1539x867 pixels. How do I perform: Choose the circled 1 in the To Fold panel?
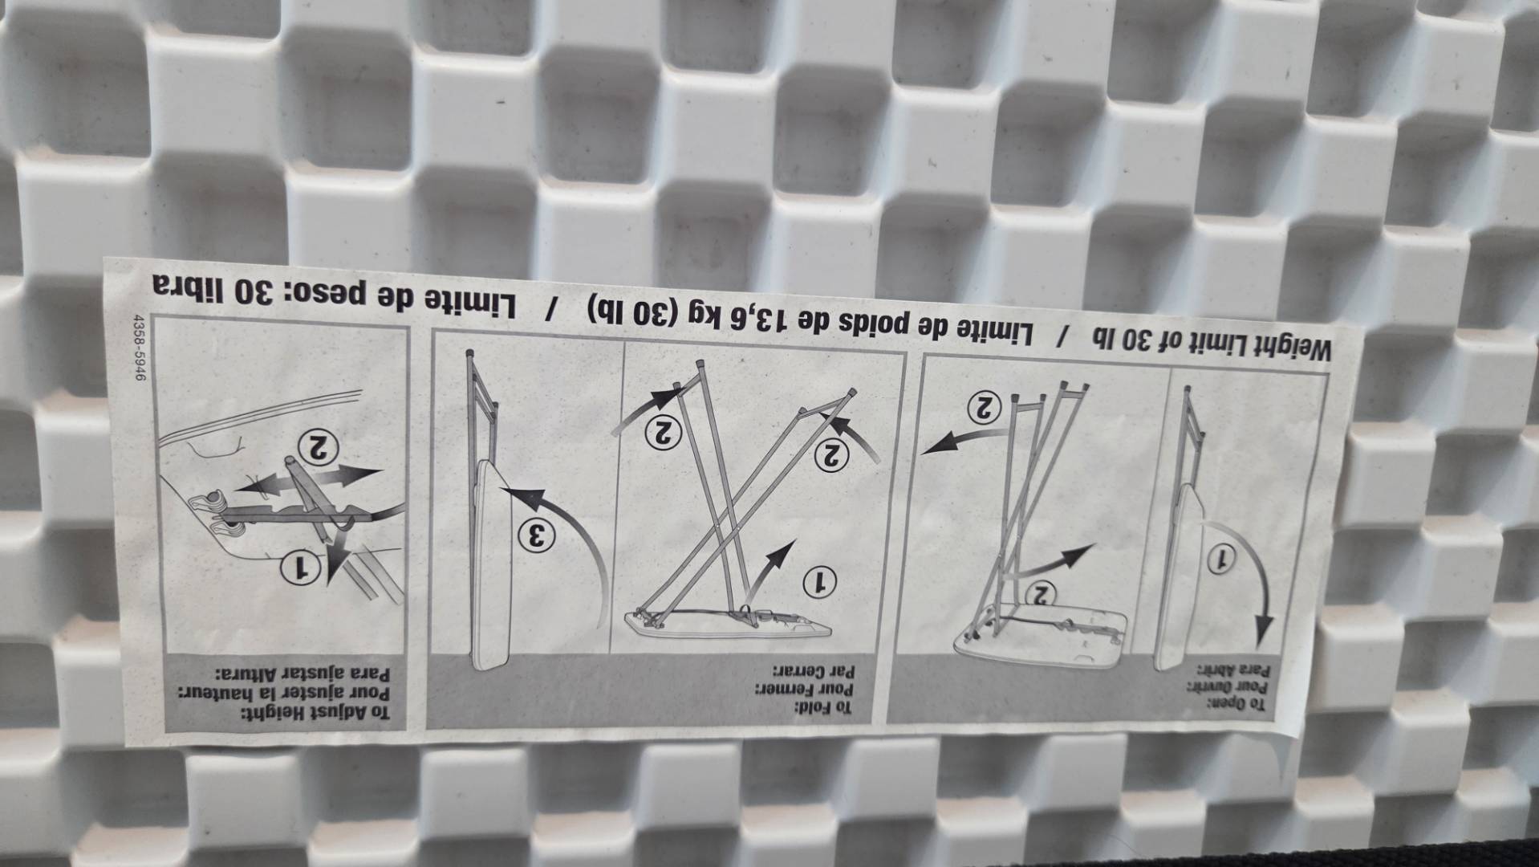[820, 580]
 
